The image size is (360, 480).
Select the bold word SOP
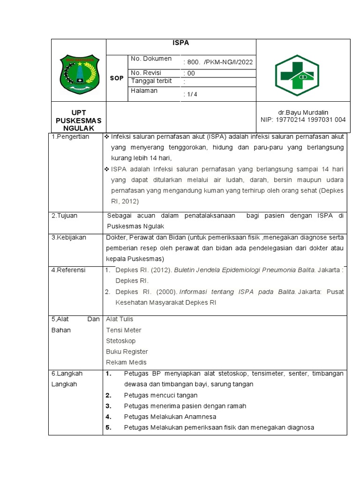116,78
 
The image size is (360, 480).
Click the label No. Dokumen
151,59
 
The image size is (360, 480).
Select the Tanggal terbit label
151,81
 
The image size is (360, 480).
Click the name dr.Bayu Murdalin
303,112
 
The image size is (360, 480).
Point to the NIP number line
303,120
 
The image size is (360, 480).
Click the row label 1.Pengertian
70,137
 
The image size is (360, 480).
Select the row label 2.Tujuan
65,216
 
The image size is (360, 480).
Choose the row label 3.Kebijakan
69,238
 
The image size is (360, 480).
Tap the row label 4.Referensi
69,270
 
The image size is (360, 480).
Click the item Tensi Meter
124,330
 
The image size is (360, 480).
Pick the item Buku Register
127,352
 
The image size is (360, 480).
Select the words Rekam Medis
126,362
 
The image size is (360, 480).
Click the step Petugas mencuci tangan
161,395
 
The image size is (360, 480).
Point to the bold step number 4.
108,417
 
